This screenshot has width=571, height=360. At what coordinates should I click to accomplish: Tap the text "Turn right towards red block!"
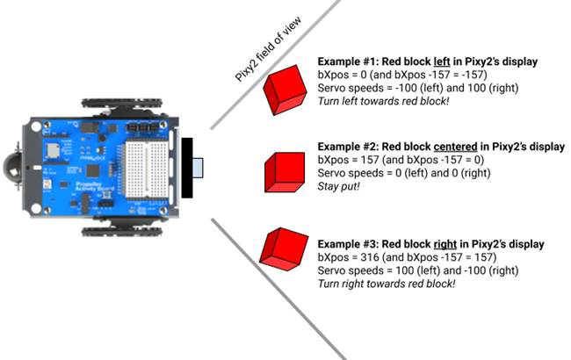click(x=387, y=284)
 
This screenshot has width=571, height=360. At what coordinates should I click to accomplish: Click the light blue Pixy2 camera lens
click(x=197, y=166)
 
